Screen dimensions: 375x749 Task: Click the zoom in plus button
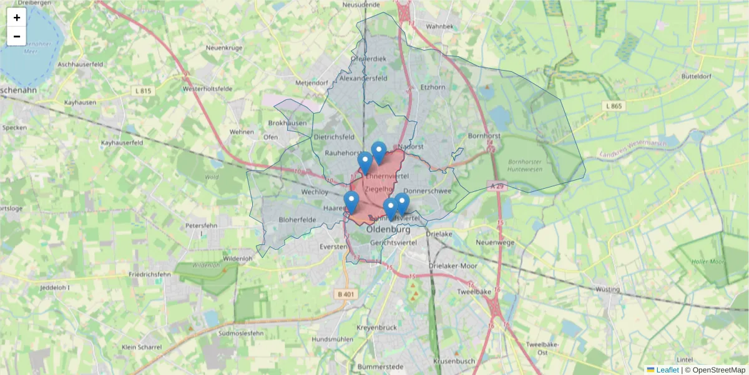click(17, 17)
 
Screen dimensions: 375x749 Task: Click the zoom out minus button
click(17, 36)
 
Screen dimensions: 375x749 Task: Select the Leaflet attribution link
click(667, 370)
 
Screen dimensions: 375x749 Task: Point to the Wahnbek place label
click(439, 27)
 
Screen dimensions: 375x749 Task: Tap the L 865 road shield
click(614, 106)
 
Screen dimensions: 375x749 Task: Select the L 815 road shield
click(142, 91)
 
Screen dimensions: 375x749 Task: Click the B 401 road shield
click(346, 294)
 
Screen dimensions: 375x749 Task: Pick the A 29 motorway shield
click(497, 186)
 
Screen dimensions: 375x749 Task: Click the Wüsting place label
click(607, 289)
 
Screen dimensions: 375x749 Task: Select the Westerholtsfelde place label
click(208, 89)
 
